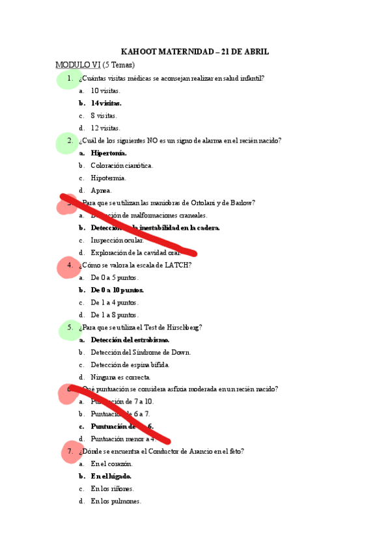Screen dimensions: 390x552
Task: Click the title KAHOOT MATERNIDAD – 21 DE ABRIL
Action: [x=195, y=51]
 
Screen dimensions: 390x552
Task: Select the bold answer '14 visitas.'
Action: [x=106, y=103]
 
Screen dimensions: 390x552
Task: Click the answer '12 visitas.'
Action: [x=105, y=128]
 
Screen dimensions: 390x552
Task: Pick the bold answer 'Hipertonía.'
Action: [x=109, y=153]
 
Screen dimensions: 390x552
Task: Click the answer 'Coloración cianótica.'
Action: [x=122, y=165]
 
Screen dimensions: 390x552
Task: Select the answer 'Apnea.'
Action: [x=102, y=190]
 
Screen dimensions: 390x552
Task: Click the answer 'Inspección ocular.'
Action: [x=117, y=240]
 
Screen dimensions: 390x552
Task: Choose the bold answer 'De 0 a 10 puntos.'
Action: [x=117, y=290]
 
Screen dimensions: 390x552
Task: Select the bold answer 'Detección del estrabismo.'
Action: [x=130, y=340]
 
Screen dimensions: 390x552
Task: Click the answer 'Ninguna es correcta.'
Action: [x=120, y=377]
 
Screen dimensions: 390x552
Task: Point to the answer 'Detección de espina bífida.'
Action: [x=132, y=365]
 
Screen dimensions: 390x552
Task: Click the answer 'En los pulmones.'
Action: [x=116, y=501]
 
